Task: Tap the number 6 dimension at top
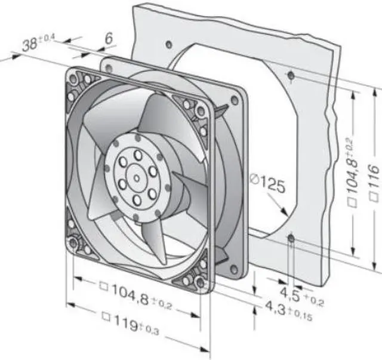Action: (109, 38)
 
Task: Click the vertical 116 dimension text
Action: (374, 183)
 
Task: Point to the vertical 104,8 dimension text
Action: (352, 173)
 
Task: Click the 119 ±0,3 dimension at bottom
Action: (132, 322)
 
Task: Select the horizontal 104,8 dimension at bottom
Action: (137, 296)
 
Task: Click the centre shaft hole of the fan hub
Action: (137, 179)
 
